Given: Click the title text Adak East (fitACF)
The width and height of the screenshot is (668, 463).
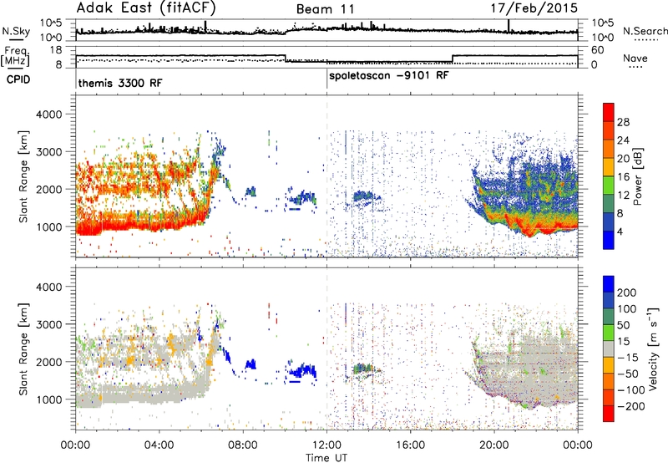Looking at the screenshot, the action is (x=145, y=8).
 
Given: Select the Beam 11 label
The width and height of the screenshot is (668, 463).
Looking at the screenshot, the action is (x=325, y=9).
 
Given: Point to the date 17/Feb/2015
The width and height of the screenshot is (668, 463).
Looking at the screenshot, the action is (x=534, y=8).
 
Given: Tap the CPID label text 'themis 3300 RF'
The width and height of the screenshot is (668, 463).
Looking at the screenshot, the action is (x=120, y=83).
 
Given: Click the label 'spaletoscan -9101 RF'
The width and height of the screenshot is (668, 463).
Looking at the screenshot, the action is (x=389, y=76).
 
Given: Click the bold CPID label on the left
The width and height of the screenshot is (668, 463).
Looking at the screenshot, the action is (x=18, y=79).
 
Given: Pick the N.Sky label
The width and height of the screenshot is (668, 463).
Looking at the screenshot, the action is (x=16, y=31).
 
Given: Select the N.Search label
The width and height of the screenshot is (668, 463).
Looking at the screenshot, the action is (x=645, y=31).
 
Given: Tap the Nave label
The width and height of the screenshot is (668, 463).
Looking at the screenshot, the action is (x=635, y=58).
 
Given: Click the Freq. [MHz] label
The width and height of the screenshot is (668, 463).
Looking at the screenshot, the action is (x=15, y=57).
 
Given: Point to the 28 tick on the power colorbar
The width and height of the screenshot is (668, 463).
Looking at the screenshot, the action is (x=623, y=122).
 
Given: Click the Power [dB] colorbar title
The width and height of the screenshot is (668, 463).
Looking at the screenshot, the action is (x=637, y=176).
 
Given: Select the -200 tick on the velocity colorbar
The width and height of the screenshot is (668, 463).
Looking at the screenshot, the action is (x=629, y=406).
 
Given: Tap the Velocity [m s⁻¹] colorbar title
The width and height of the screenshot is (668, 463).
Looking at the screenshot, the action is (x=653, y=349).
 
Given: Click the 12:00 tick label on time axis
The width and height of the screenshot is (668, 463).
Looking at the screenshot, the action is (x=326, y=445).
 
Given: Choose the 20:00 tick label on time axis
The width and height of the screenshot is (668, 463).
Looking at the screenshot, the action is (x=494, y=445).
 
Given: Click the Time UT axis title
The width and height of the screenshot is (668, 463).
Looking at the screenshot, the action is (x=326, y=458).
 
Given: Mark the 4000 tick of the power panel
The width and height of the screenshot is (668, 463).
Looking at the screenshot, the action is (x=49, y=114).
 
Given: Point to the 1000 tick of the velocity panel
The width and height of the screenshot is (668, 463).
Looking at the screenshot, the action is (x=49, y=399).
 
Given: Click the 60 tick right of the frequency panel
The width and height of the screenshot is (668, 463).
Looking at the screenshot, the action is (x=598, y=50).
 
